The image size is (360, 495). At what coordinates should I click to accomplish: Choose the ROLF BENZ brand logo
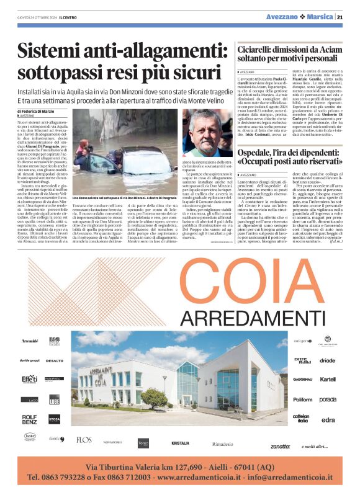tap(30, 420)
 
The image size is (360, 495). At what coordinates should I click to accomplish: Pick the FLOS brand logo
tap(84, 440)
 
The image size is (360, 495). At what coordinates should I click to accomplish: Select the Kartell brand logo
tap(328, 379)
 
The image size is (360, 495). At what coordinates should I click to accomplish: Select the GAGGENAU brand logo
tap(303, 379)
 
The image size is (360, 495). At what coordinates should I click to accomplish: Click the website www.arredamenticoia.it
tap(200, 478)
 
